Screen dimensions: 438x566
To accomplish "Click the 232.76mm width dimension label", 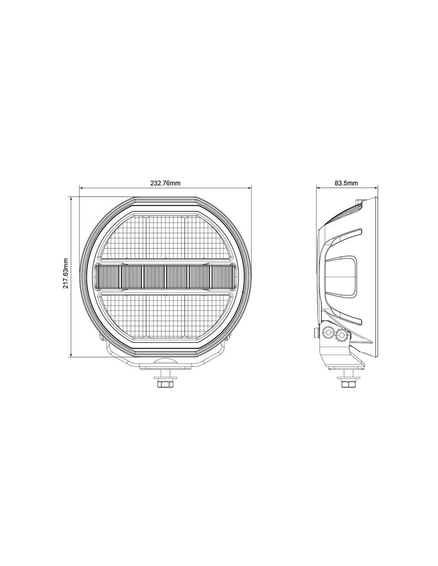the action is pyautogui.click(x=165, y=183).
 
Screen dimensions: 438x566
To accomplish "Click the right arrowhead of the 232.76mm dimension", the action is pyautogui.click(x=249, y=187).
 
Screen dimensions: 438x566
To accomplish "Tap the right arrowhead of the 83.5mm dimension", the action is pyautogui.click(x=376, y=187).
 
